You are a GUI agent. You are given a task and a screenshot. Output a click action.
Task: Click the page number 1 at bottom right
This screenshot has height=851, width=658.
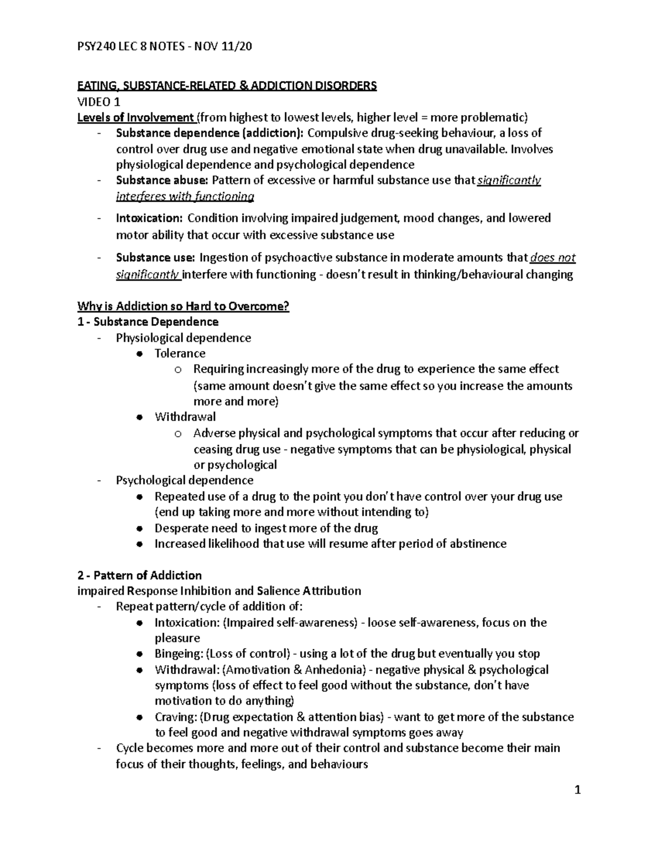(577, 790)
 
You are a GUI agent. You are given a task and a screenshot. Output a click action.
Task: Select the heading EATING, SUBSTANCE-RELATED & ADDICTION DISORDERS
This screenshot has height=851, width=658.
(227, 85)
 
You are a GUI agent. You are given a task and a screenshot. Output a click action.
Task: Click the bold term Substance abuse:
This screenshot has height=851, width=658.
(162, 180)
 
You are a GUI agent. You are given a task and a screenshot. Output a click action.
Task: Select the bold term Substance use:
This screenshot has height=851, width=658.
(155, 258)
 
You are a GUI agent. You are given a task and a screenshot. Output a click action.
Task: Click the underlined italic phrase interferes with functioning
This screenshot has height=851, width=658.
(185, 196)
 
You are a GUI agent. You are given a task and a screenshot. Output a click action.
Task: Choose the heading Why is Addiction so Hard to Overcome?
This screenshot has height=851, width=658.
(183, 306)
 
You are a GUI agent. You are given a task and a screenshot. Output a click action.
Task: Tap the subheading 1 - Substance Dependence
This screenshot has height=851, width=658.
(148, 322)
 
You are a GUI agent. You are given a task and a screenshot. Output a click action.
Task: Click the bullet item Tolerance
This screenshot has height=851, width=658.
(180, 353)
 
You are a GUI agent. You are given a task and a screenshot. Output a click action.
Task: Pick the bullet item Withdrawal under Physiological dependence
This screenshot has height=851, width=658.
(185, 417)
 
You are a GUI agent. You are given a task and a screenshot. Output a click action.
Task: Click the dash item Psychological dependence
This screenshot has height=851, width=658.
(184, 481)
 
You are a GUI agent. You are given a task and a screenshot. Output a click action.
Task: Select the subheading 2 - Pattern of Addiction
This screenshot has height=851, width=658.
(140, 575)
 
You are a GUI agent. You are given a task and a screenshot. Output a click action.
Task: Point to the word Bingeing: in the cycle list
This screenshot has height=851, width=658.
(179, 654)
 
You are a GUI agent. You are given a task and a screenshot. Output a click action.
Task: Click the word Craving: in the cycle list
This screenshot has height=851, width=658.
(175, 717)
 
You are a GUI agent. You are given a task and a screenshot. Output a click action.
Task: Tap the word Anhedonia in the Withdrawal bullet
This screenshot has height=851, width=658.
(335, 670)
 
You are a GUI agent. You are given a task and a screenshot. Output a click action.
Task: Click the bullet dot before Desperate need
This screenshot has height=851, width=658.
(140, 529)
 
